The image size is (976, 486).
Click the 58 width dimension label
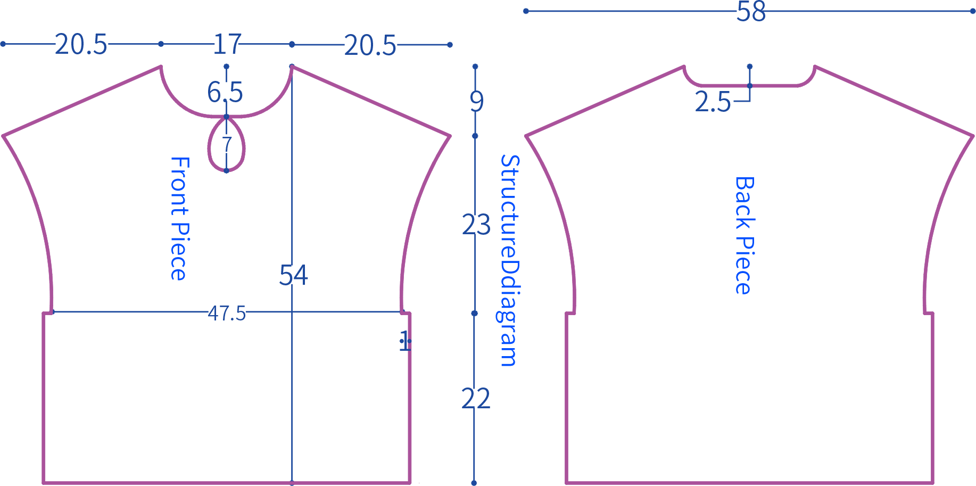tap(751, 12)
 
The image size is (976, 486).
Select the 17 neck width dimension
tap(227, 44)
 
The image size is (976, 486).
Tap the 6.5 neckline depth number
tap(225, 92)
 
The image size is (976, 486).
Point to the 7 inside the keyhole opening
tap(227, 144)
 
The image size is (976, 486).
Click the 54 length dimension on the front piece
tap(294, 275)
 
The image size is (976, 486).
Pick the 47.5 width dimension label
tap(227, 314)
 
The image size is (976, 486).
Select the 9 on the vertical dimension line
tap(477, 101)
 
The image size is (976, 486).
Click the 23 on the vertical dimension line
tap(476, 225)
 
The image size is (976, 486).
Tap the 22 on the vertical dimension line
tap(476, 399)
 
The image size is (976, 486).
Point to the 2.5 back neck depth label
tap(713, 102)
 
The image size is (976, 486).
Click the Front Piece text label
tap(179, 219)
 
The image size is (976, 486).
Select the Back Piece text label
tap(744, 235)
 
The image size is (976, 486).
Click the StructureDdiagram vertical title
tap(509, 261)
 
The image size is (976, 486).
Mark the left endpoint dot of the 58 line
tap(526, 11)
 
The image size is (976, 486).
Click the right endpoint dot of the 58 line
tap(973, 11)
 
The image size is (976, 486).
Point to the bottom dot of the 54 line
tap(292, 483)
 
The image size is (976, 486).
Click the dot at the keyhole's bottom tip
tap(226, 170)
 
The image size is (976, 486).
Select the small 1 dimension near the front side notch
tap(405, 341)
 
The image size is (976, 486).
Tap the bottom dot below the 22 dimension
tap(474, 483)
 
